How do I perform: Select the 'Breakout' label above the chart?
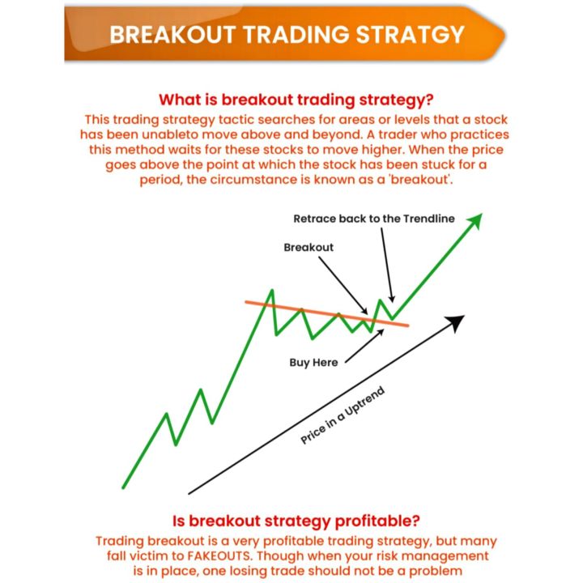pos(309,247)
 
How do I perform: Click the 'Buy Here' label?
pos(313,362)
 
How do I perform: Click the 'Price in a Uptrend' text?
pos(343,415)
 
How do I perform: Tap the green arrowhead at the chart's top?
pos(474,220)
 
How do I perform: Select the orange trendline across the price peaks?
pos(324,313)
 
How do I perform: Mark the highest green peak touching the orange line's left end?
pos(272,291)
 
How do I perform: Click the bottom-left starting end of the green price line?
pos(124,487)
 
